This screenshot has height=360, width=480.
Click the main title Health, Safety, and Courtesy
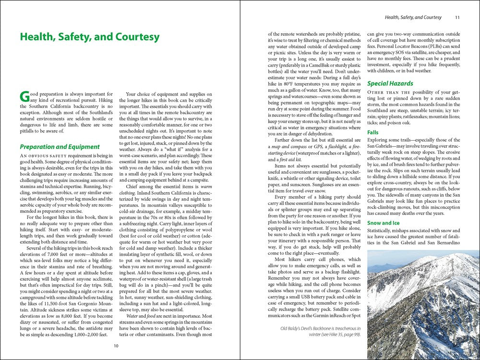(89, 37)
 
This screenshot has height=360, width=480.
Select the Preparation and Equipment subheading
(60, 147)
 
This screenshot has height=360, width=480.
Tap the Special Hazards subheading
(390, 84)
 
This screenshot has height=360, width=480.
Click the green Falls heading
(373, 132)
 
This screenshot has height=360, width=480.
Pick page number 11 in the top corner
(457, 18)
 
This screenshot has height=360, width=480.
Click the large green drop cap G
(24, 96)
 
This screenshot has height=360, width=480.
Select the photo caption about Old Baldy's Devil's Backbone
(321, 332)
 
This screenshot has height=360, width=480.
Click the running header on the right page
(413, 18)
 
